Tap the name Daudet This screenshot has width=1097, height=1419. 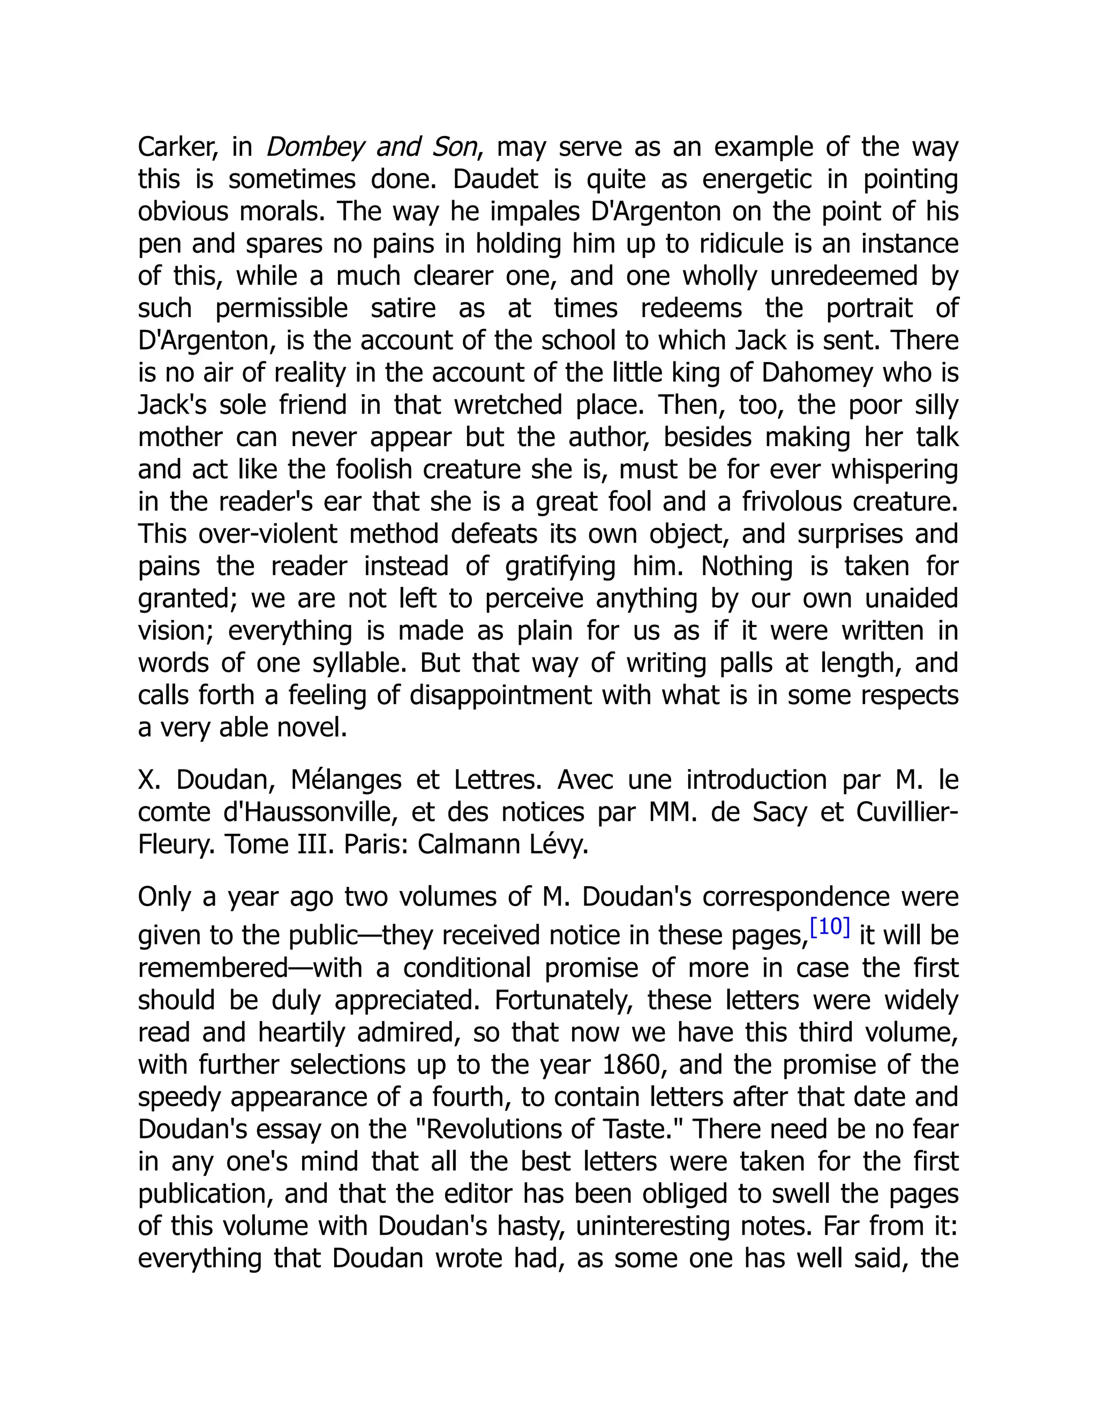coord(495,179)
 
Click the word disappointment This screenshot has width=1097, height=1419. coord(500,695)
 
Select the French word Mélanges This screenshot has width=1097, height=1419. coord(345,780)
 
